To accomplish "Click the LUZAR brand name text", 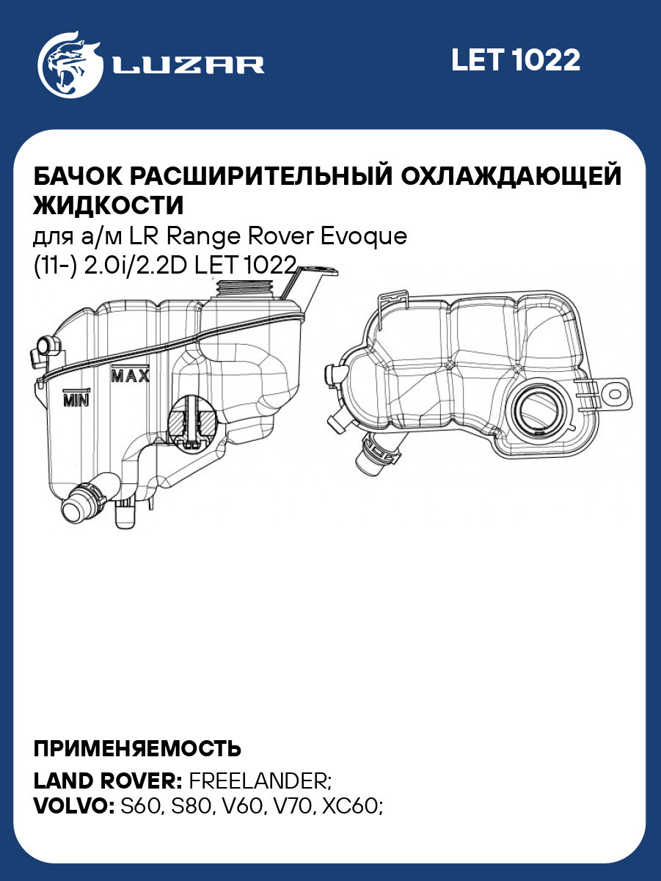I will (189, 65).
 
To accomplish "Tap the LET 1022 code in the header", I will (515, 60).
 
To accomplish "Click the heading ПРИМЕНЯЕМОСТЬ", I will (137, 748).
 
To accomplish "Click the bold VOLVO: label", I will (73, 805).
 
